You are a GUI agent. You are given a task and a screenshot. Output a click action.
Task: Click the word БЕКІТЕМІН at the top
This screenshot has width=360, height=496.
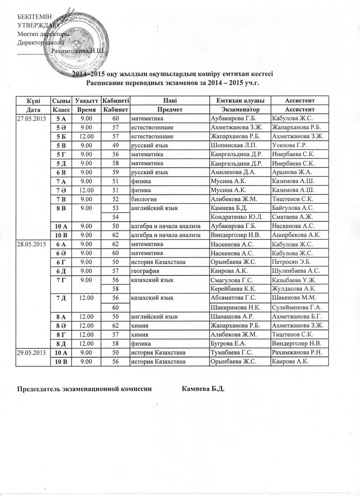tap(33, 17)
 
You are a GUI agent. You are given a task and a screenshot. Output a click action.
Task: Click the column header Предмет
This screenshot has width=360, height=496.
tap(169, 109)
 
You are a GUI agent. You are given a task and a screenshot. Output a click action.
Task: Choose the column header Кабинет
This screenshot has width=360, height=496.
tap(115, 109)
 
